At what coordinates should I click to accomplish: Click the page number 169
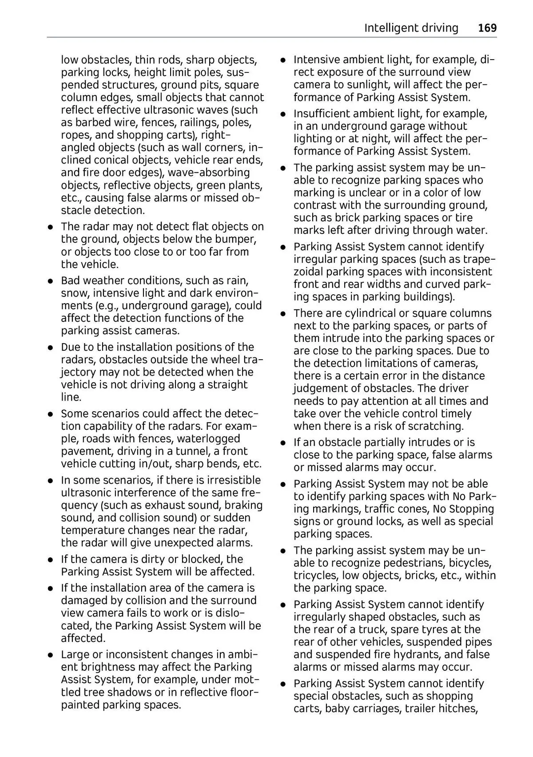click(487, 28)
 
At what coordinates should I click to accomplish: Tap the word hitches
click(458, 709)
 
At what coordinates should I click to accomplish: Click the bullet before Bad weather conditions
click(52, 281)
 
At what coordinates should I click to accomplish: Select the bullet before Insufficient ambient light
click(282, 114)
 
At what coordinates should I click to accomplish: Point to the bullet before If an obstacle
click(282, 443)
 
